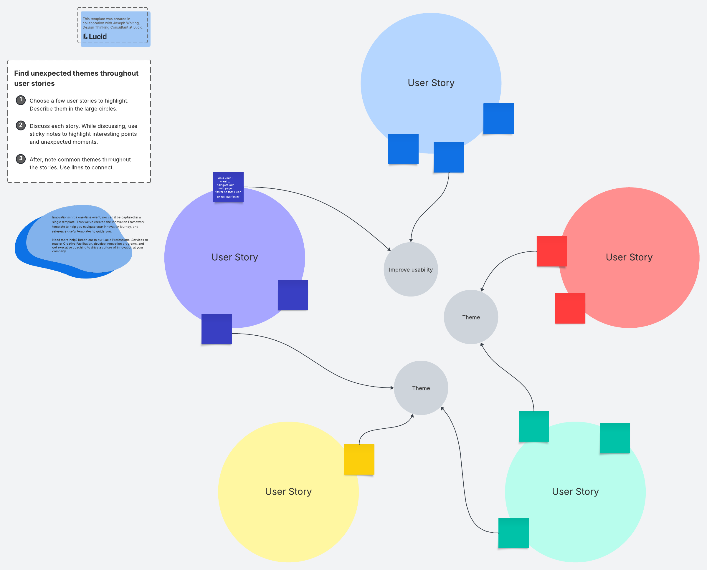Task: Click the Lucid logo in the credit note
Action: [95, 37]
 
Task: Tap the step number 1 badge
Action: [21, 100]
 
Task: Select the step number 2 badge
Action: [21, 125]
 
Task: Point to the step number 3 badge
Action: [21, 159]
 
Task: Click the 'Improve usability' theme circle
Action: [411, 270]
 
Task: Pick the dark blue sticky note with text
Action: [228, 187]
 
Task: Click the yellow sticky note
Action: [359, 459]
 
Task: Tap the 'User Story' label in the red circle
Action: [629, 257]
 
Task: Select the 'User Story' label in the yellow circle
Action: [288, 491]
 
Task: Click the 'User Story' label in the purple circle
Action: [234, 257]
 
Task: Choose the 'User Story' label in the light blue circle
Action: [431, 83]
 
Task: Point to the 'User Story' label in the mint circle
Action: [575, 491]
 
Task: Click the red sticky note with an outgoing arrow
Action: [551, 251]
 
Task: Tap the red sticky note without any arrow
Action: [570, 308]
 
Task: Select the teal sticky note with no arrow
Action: [615, 438]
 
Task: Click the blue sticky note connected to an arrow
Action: [448, 157]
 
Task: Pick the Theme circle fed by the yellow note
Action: [421, 388]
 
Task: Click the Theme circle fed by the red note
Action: [471, 317]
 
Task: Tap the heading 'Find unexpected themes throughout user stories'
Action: [76, 78]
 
